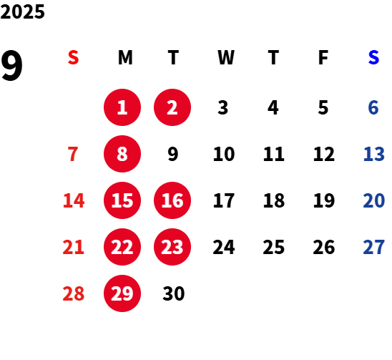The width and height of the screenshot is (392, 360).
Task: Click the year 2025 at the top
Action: pyautogui.click(x=22, y=11)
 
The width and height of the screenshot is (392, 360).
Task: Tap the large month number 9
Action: pyautogui.click(x=11, y=66)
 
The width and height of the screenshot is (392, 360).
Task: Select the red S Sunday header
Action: pyautogui.click(x=73, y=57)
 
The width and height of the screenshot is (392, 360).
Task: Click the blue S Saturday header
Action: pyautogui.click(x=373, y=57)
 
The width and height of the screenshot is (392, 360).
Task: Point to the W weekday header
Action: pyautogui.click(x=226, y=57)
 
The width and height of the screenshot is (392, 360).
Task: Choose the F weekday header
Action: pyautogui.click(x=323, y=57)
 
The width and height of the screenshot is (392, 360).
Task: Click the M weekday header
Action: pyautogui.click(x=125, y=57)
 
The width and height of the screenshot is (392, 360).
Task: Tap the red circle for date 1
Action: pyautogui.click(x=122, y=107)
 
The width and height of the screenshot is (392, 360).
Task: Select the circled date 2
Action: pyautogui.click(x=172, y=107)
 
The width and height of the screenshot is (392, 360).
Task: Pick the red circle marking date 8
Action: pyautogui.click(x=122, y=154)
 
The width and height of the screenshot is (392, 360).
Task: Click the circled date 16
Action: pyautogui.click(x=172, y=200)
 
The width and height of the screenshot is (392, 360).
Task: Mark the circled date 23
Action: pyautogui.click(x=172, y=247)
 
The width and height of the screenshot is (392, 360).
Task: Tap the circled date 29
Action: pyautogui.click(x=122, y=293)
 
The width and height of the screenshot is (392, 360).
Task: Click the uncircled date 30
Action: pyautogui.click(x=174, y=293)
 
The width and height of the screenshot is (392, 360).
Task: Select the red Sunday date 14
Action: pyautogui.click(x=74, y=200)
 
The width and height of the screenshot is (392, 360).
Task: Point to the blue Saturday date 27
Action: pyautogui.click(x=373, y=247)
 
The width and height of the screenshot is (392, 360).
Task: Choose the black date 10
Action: pyautogui.click(x=224, y=154)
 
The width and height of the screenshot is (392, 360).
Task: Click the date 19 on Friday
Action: pyautogui.click(x=324, y=200)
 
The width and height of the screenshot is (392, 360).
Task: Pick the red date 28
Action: pyautogui.click(x=74, y=293)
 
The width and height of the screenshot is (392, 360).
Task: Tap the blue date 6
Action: pyautogui.click(x=373, y=107)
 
